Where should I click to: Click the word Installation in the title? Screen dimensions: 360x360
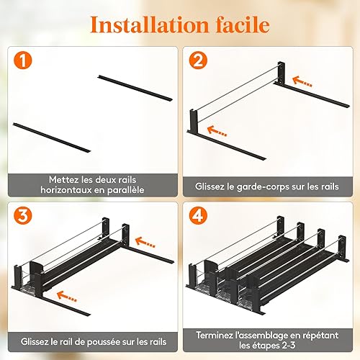tap(150, 24)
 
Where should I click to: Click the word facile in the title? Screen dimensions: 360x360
tap(243, 24)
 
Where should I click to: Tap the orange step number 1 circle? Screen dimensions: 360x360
tap(23, 60)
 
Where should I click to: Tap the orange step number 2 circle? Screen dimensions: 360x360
tap(198, 60)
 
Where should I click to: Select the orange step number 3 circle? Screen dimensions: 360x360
tap(23, 215)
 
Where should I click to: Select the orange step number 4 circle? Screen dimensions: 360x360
tap(198, 215)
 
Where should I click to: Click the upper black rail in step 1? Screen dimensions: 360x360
tap(135, 88)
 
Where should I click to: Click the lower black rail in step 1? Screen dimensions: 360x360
tap(52, 138)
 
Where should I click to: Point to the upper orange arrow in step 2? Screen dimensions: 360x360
tap(302, 81)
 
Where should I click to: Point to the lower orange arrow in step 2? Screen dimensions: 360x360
tap(217, 131)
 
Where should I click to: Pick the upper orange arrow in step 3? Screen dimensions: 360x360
tap(145, 242)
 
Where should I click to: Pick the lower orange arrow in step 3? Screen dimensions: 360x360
tap(67, 297)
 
